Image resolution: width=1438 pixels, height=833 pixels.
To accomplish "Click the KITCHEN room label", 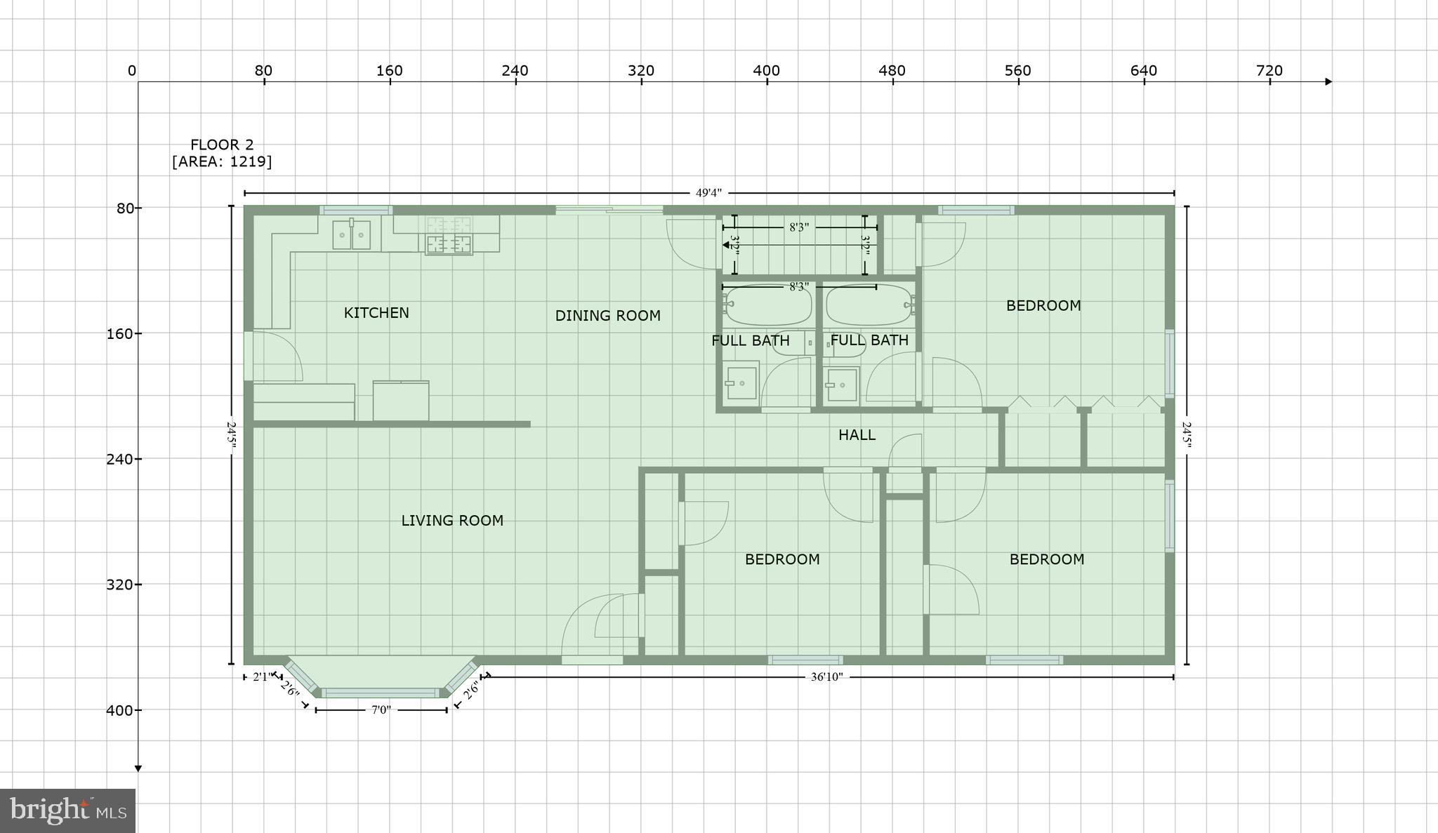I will click(x=376, y=312).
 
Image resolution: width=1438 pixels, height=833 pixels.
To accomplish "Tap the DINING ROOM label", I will click(x=607, y=316).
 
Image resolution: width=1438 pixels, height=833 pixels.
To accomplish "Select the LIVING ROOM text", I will click(x=452, y=521).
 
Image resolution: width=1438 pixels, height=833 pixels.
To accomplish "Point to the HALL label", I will click(x=857, y=435).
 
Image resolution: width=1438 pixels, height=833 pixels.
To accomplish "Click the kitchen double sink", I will click(x=351, y=234).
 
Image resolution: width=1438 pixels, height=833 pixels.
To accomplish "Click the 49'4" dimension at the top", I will click(x=708, y=193).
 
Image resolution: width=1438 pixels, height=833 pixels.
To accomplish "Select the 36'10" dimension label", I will click(x=826, y=677).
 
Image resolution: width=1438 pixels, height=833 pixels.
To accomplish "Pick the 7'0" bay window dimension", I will click(x=381, y=710).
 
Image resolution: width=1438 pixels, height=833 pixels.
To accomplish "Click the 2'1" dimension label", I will click(x=260, y=677).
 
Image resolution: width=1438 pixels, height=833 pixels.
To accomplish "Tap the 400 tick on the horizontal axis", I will click(x=767, y=72).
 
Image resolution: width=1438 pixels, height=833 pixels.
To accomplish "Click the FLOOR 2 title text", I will click(x=222, y=145).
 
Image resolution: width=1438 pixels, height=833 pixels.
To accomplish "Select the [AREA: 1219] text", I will click(x=222, y=161).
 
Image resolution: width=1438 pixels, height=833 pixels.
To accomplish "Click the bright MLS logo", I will click(x=67, y=811).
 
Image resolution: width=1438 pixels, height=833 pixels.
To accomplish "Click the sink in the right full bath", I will click(x=841, y=384).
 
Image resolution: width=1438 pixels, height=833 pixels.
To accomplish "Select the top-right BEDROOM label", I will click(x=1043, y=305).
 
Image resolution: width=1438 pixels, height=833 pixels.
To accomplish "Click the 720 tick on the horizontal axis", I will click(x=1269, y=72).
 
